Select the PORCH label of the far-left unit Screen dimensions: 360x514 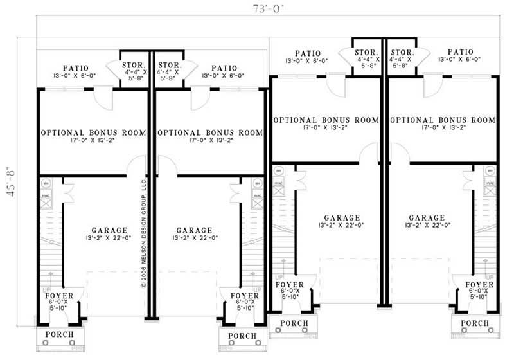point(59,335)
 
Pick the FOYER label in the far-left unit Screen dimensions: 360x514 point(59,296)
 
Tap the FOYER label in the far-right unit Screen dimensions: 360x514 point(479,285)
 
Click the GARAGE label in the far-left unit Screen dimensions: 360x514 point(108,230)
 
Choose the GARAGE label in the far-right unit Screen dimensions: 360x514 point(427,218)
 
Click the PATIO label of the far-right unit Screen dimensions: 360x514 point(460,52)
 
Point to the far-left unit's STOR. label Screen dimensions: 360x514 point(134,66)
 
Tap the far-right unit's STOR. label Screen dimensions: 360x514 point(402,52)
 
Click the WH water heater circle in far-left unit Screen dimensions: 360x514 point(46,183)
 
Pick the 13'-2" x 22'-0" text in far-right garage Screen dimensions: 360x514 point(427,226)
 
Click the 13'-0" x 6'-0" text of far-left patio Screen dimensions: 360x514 point(80,75)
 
